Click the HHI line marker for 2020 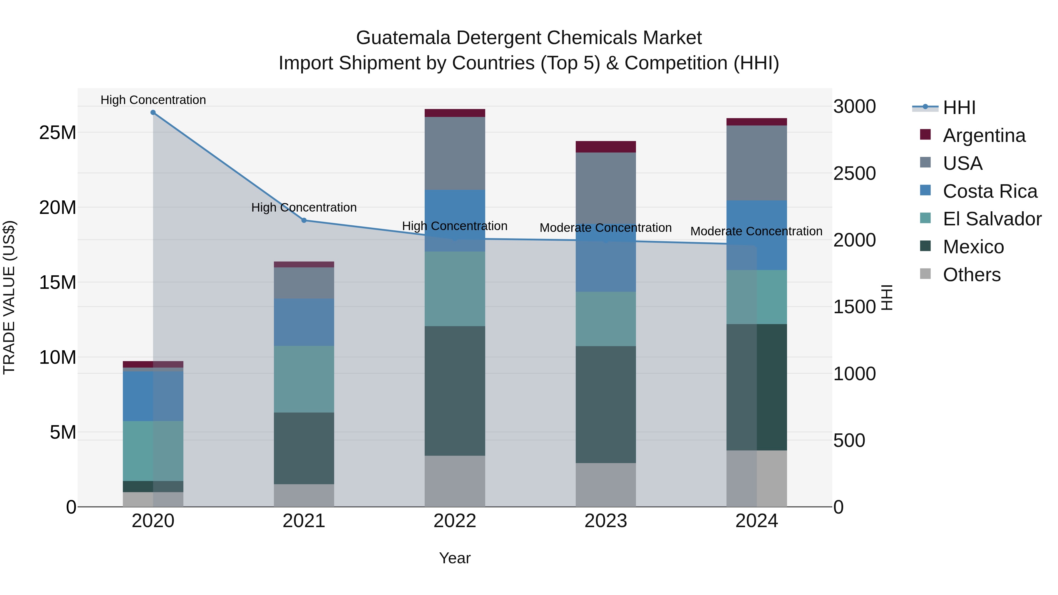pyautogui.click(x=153, y=113)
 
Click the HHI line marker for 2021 pyautogui.click(x=304, y=220)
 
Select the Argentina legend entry pyautogui.click(x=984, y=135)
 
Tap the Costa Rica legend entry pyautogui.click(x=990, y=191)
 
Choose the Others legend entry pyautogui.click(x=971, y=275)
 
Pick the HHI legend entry pyautogui.click(x=959, y=108)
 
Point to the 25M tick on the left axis pyautogui.click(x=58, y=133)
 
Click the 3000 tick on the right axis pyautogui.click(x=854, y=107)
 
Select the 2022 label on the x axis pyautogui.click(x=455, y=521)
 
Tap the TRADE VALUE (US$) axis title pyautogui.click(x=9, y=297)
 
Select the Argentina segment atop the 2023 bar pyautogui.click(x=605, y=147)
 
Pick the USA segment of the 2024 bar pyautogui.click(x=756, y=163)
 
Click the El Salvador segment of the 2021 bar pyautogui.click(x=304, y=379)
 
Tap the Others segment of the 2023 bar pyautogui.click(x=605, y=485)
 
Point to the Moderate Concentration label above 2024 pyautogui.click(x=756, y=231)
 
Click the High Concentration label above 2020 pyautogui.click(x=153, y=100)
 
